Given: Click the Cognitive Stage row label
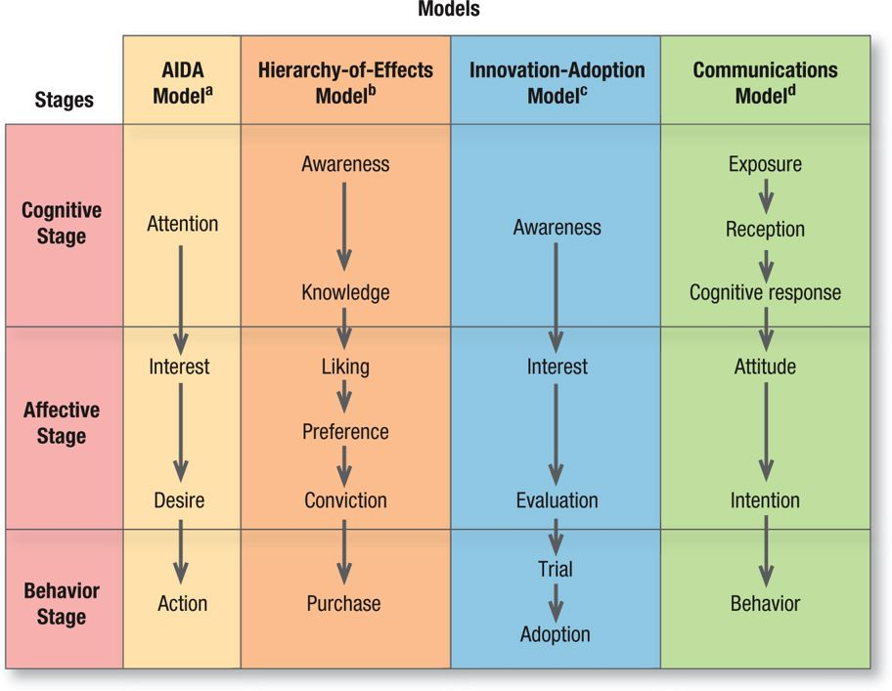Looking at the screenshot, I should point(62,224).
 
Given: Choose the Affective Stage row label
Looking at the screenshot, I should point(62,422).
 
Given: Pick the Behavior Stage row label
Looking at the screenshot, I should point(62,603).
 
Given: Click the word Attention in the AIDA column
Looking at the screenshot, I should point(182,224).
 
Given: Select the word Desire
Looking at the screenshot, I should point(179,500).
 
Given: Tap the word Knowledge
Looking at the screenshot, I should point(345,292).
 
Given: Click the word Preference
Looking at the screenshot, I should point(345,432).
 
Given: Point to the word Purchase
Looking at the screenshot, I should point(343,603).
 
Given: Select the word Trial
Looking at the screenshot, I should point(556,569).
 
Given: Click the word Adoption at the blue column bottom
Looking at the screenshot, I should point(556,634).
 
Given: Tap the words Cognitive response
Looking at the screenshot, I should point(765,292).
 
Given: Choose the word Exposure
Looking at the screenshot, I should point(765,164).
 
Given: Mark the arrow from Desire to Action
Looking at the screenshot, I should point(180,551).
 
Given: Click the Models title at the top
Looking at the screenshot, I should point(449,10).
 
